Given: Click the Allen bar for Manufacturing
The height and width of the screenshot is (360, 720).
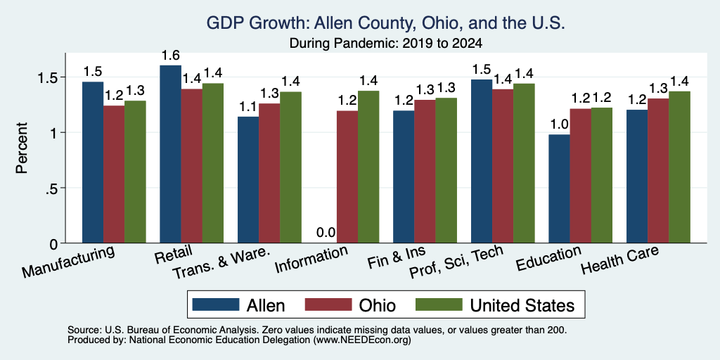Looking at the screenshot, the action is coord(93,162).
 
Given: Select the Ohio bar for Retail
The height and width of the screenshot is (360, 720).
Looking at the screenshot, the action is coord(191,166).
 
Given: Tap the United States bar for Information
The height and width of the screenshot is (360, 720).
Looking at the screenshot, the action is coord(368,167).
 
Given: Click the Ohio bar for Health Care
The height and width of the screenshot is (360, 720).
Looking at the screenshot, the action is coord(658,171).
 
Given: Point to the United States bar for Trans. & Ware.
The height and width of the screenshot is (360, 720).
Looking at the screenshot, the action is coord(290,167).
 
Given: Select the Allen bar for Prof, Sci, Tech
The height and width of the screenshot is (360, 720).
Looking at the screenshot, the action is coord(482,161).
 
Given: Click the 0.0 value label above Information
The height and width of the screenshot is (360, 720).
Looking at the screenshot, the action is coord(326,233).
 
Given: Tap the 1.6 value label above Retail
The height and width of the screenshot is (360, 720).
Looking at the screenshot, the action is coord(170,55).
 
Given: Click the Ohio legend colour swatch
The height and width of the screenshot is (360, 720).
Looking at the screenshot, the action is coord(328,304).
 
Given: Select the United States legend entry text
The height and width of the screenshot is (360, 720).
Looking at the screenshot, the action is coord(522,305).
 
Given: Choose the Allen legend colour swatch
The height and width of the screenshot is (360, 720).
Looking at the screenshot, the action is coord(217,304).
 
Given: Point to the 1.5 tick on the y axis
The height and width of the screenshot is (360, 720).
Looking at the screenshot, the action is coord(63,77).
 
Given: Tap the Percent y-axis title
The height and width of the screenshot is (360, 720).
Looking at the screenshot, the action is coord(22,148).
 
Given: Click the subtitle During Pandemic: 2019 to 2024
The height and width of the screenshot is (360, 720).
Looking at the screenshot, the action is coord(386,44).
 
